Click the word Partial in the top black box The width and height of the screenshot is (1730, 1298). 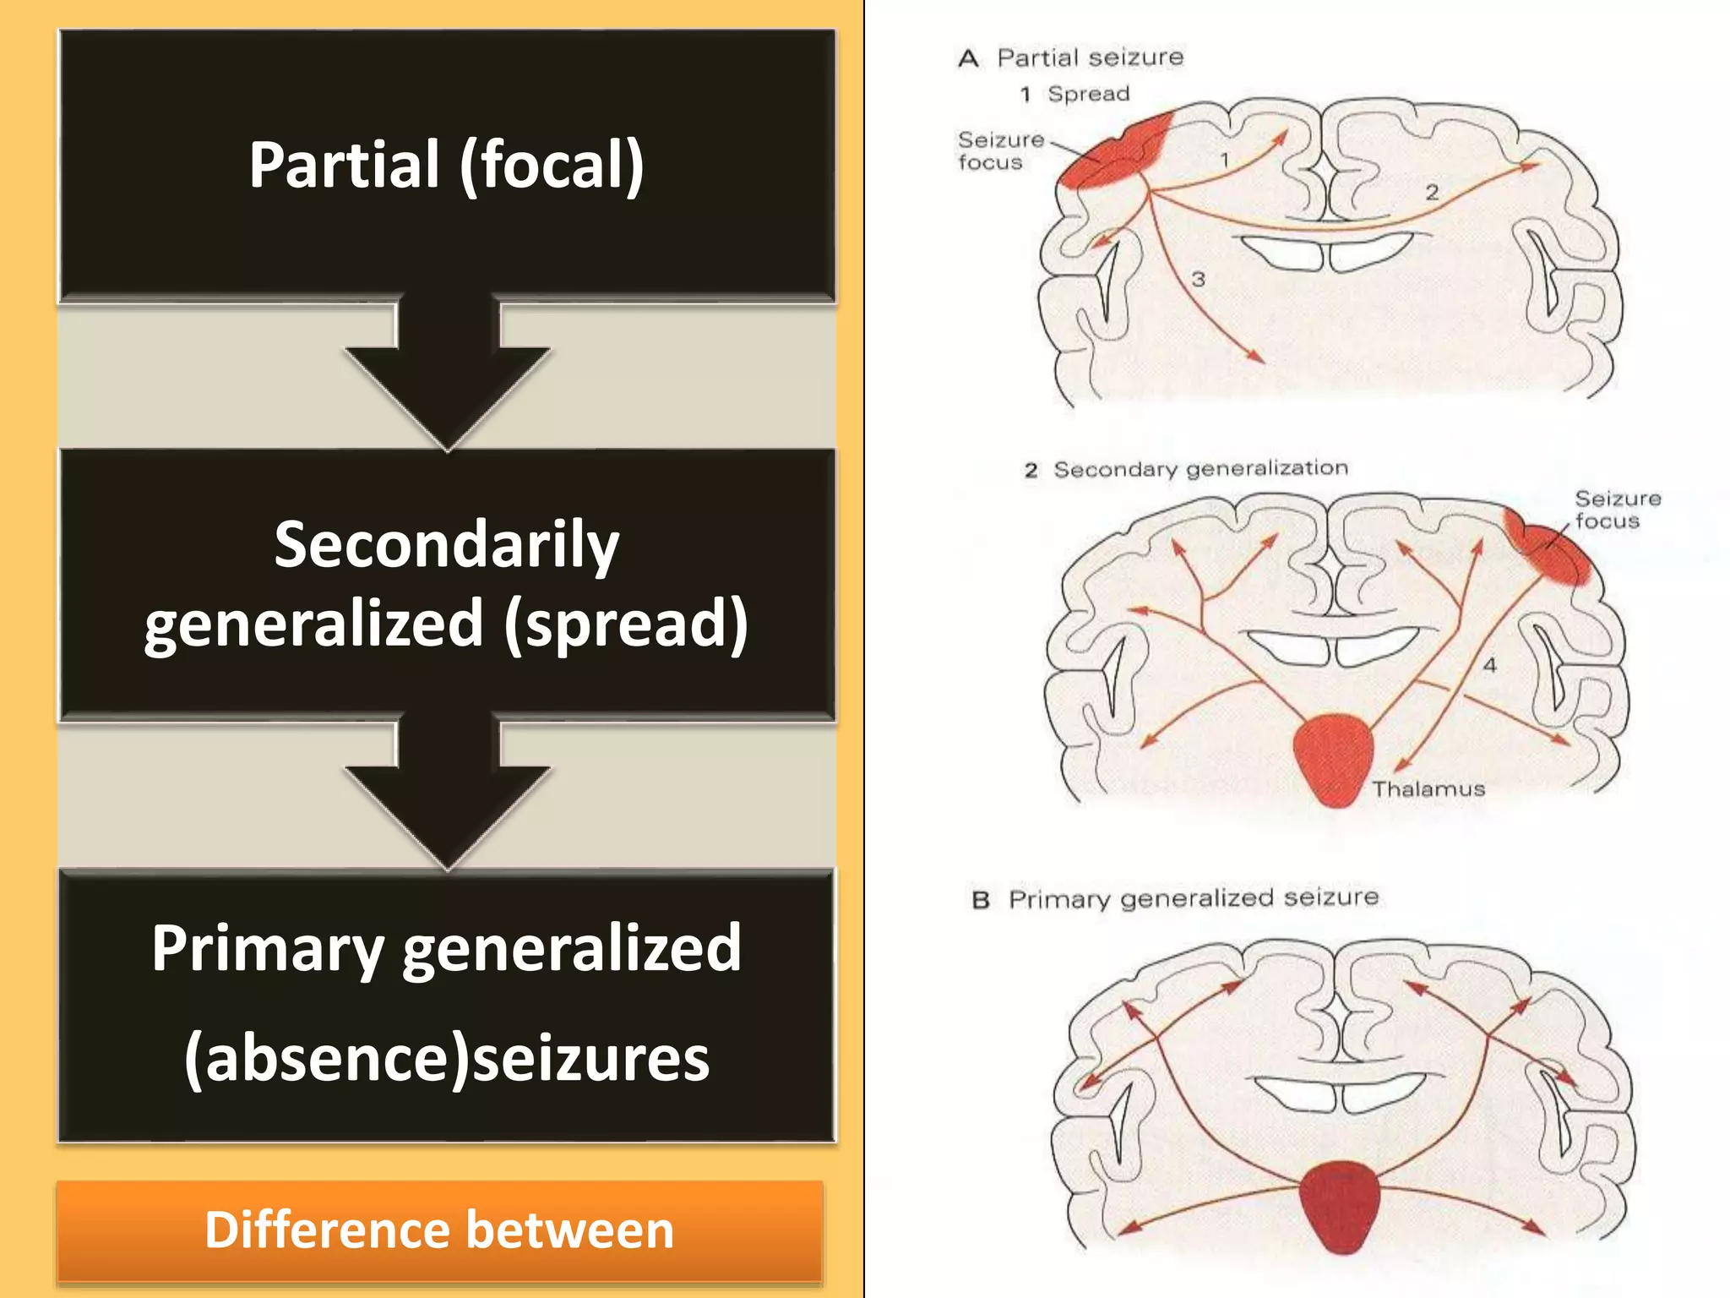tap(344, 165)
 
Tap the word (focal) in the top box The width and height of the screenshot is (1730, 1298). tap(552, 166)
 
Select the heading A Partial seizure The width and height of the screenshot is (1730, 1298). tap(1071, 57)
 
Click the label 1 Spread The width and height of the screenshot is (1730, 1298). tap(1074, 94)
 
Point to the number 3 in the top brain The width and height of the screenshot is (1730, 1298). tap(1198, 279)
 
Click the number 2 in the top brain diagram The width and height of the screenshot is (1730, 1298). tap(1432, 192)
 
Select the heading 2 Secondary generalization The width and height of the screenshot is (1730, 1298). tap(1186, 469)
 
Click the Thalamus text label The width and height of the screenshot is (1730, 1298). tap(1428, 789)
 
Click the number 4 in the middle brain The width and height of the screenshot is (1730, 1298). tap(1489, 665)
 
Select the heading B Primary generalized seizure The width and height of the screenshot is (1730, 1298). tap(1176, 898)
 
